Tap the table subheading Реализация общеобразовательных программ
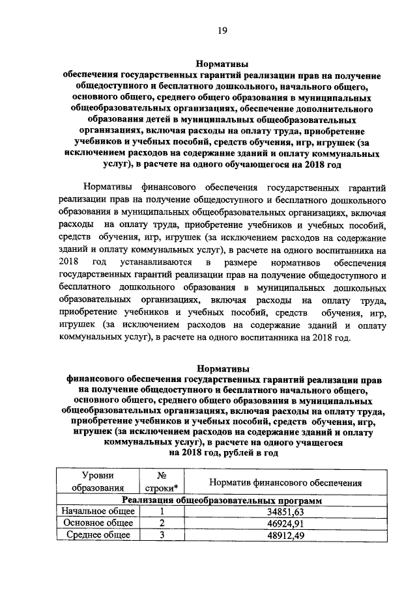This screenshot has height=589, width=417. point(222,500)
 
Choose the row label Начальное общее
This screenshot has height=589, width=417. point(97,512)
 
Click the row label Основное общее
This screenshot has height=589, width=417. point(97,523)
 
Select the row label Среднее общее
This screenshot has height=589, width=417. point(97,535)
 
